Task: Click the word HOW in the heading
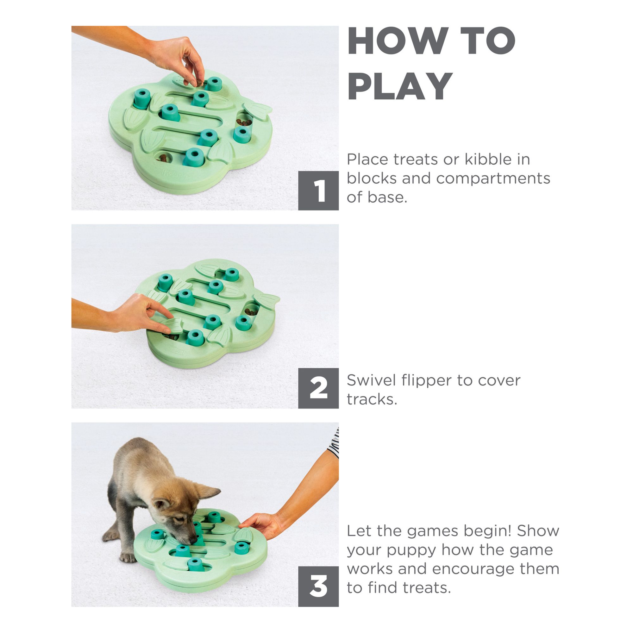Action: coord(398,41)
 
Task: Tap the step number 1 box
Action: coord(318,190)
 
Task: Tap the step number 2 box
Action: coord(318,388)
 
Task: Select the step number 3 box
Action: coord(318,586)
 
